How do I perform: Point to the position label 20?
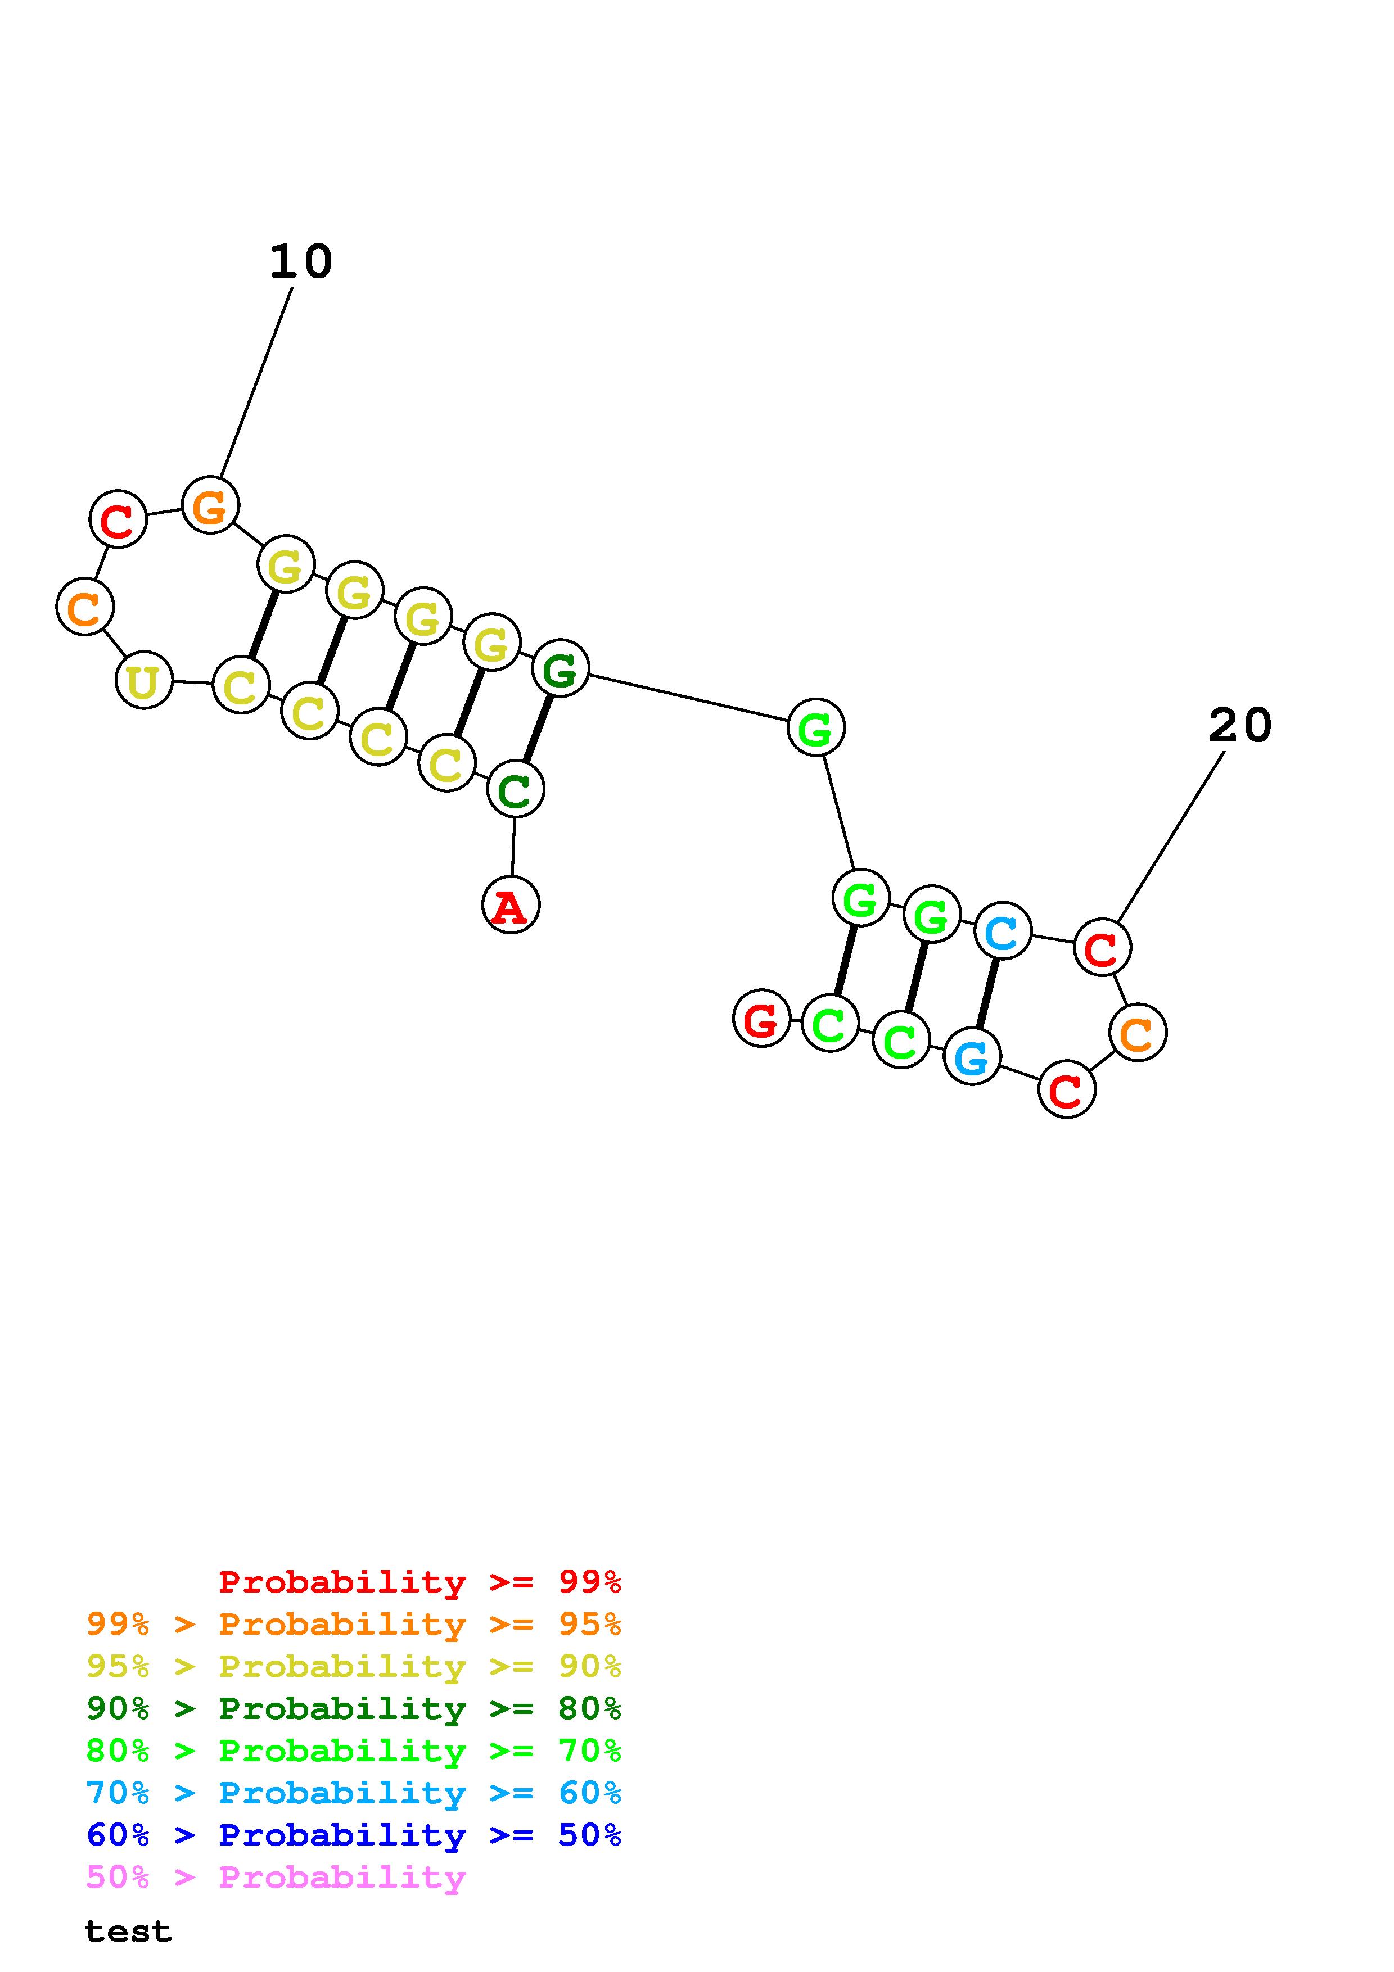(x=1239, y=726)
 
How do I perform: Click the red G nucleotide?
(x=761, y=1018)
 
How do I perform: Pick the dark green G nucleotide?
(x=560, y=668)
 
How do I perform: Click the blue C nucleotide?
(x=1002, y=930)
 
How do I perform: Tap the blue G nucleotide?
(x=972, y=1056)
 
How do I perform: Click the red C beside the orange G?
(x=118, y=519)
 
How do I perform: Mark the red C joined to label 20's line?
(x=1102, y=947)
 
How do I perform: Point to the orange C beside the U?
(x=84, y=607)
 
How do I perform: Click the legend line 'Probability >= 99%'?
(x=419, y=1581)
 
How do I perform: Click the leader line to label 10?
(x=256, y=382)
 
